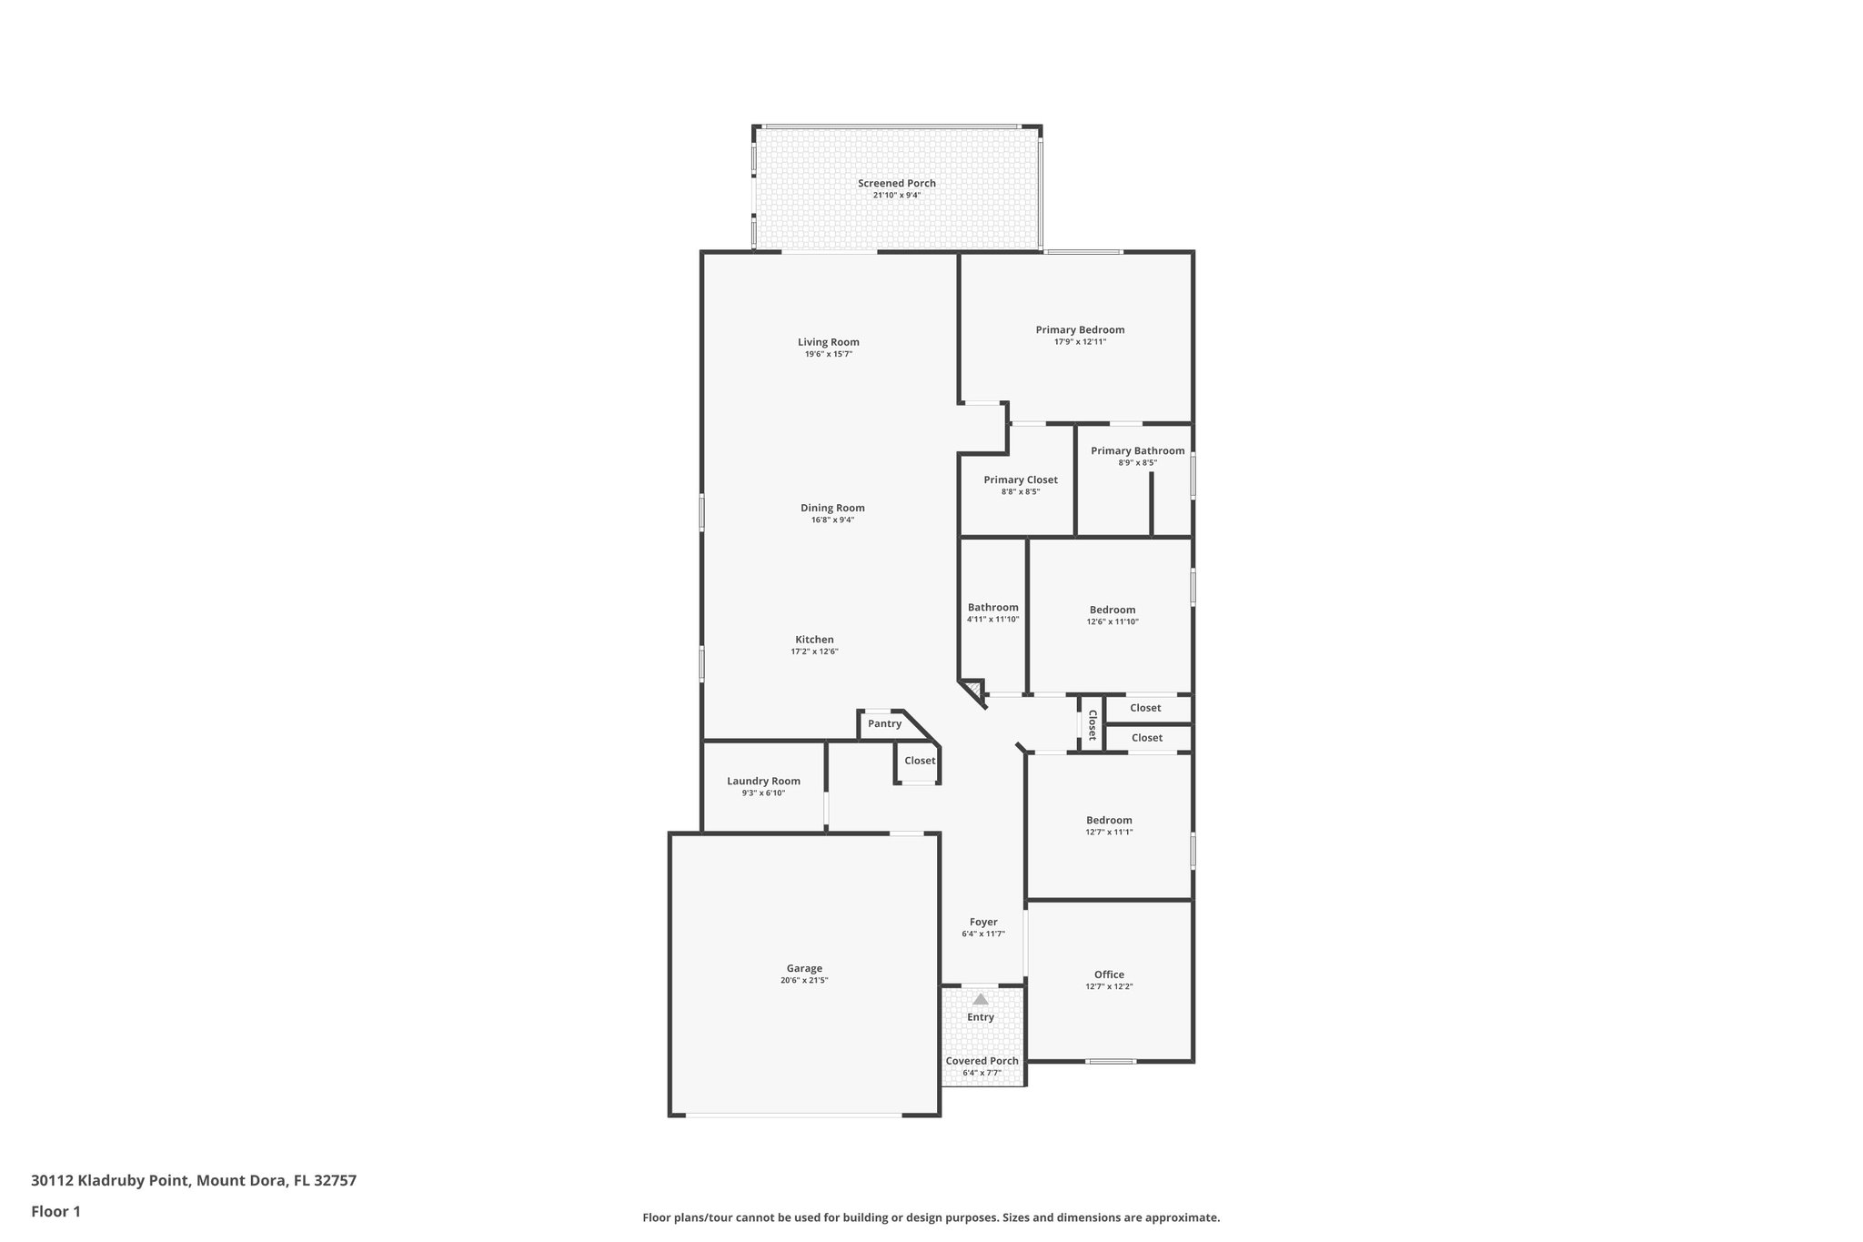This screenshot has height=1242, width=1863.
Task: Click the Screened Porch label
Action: (x=896, y=184)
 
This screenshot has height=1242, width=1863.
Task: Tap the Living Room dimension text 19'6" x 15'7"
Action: (x=828, y=355)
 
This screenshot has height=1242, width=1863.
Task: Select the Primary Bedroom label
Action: (x=1080, y=330)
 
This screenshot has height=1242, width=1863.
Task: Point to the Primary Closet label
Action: (x=1020, y=480)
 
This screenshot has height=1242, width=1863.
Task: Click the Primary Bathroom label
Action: (x=1137, y=451)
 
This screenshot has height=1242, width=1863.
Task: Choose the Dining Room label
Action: (x=832, y=509)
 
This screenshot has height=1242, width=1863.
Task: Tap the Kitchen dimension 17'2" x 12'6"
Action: (x=814, y=652)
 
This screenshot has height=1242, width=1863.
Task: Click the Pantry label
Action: (x=884, y=724)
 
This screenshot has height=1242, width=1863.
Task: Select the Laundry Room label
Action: (x=763, y=782)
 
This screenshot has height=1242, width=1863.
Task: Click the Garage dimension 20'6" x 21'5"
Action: (x=804, y=981)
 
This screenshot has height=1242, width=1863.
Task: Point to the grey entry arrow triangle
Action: (x=981, y=999)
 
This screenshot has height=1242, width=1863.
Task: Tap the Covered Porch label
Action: (x=982, y=1061)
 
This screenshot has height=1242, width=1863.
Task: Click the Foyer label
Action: (x=983, y=923)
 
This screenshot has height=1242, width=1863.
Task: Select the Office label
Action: (x=1109, y=975)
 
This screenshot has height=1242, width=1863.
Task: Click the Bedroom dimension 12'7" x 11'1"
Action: (x=1109, y=833)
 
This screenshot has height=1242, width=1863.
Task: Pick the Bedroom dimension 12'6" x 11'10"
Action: (x=1113, y=622)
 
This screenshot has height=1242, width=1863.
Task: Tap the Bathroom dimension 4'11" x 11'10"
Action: (x=992, y=620)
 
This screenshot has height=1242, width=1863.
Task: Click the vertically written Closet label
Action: (x=1092, y=725)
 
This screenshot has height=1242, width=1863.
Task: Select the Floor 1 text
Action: (x=55, y=1212)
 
